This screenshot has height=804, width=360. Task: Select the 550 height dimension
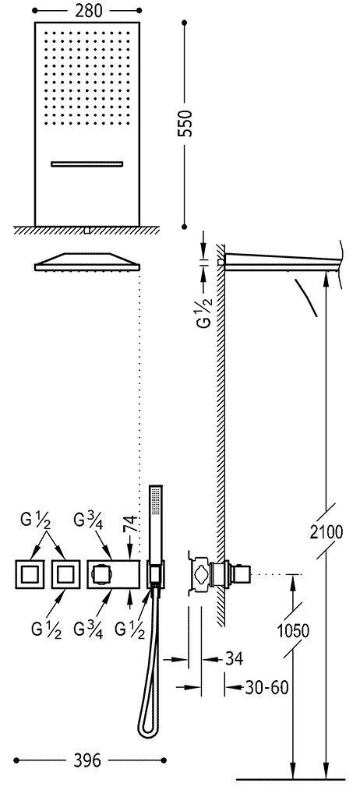tap(187, 122)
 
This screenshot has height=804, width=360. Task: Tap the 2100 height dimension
tap(326, 532)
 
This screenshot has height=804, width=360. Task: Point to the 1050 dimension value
tap(293, 630)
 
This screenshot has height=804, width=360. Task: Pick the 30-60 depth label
tap(266, 687)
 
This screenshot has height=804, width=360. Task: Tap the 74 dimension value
tap(132, 525)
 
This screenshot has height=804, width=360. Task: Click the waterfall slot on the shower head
tap(87, 164)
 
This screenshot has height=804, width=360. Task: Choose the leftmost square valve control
tap(30, 573)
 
